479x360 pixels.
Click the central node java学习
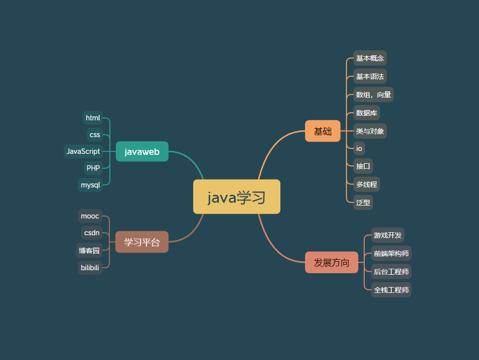[237, 197]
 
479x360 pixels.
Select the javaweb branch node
[142, 151]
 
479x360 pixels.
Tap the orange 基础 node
[323, 131]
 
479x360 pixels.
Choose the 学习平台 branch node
[142, 242]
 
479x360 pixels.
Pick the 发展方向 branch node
[332, 262]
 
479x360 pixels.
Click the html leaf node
[93, 118]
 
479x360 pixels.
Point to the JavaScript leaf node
[83, 151]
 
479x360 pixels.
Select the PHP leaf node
[93, 168]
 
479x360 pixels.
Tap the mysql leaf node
[90, 185]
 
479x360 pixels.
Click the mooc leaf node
[90, 216]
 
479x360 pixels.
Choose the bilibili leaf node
[90, 268]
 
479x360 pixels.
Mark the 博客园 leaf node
[89, 251]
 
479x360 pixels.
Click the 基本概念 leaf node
[370, 58]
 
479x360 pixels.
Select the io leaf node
[359, 148]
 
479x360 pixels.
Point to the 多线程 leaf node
[367, 184]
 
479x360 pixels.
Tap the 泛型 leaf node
[363, 202]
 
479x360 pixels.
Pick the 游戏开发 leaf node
[388, 235]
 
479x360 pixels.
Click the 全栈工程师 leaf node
[391, 290]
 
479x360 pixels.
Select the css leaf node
[95, 135]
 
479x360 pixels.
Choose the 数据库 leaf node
[367, 113]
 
